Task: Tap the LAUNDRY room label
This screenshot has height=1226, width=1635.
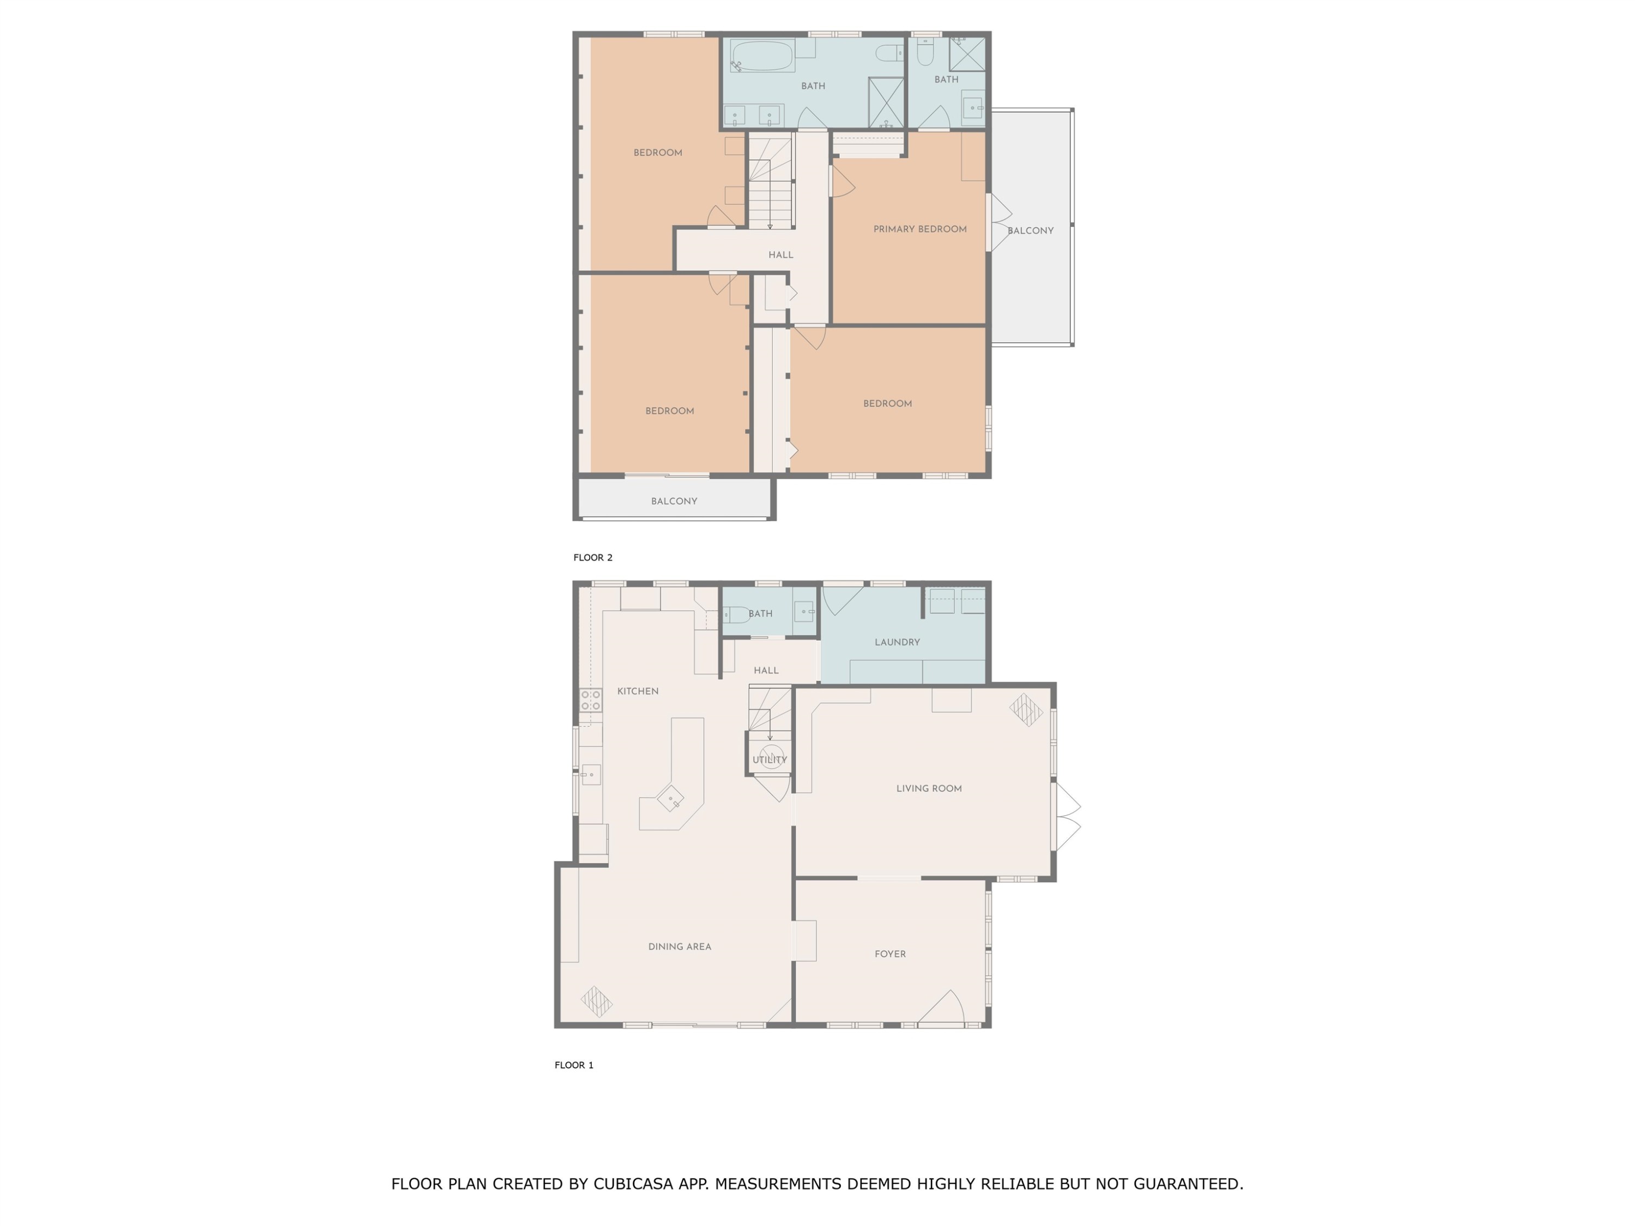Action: coord(897,642)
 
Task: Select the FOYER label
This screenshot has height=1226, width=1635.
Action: coord(890,954)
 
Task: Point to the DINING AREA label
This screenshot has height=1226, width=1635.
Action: coord(679,946)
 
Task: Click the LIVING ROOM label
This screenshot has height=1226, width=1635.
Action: coord(928,788)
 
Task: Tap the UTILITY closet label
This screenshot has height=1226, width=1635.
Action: coord(770,760)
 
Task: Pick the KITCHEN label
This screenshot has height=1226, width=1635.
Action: coord(637,691)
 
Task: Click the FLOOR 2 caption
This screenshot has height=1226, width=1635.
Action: coord(593,557)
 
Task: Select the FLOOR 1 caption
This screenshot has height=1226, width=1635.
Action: coord(573,1065)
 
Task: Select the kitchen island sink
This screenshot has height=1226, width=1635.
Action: coord(670,799)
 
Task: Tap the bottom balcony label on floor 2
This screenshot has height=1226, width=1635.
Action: coord(674,501)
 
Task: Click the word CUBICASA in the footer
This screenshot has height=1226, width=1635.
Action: coord(633,1184)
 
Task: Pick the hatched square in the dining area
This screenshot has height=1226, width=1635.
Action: coord(596,1002)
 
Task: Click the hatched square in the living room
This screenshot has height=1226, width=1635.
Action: coord(1026,710)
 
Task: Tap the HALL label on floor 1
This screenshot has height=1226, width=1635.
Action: coord(766,670)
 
